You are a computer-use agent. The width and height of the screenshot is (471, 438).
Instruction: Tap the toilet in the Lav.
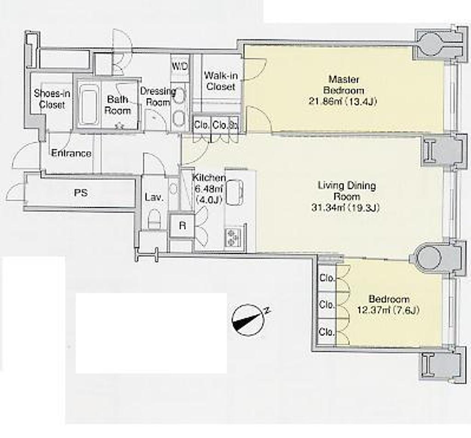coord(155,219)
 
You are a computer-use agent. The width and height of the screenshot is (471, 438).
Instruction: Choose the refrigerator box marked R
coord(182,225)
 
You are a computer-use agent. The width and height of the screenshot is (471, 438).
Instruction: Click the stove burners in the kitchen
coord(232,237)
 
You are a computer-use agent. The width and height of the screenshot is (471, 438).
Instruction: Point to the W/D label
coord(180,66)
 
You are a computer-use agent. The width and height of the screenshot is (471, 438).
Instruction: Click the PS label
coord(80,193)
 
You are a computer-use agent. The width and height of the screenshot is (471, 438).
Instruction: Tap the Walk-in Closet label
coord(221,81)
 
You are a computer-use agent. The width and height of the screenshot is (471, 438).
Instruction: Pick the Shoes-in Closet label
coord(52,98)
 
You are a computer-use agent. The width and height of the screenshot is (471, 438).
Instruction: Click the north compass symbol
coord(249,320)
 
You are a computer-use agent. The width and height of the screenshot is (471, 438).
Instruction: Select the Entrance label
coord(71,153)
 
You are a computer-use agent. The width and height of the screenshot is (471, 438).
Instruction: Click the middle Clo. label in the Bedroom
coord(327,305)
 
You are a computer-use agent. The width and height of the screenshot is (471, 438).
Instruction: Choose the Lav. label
coord(154,197)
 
